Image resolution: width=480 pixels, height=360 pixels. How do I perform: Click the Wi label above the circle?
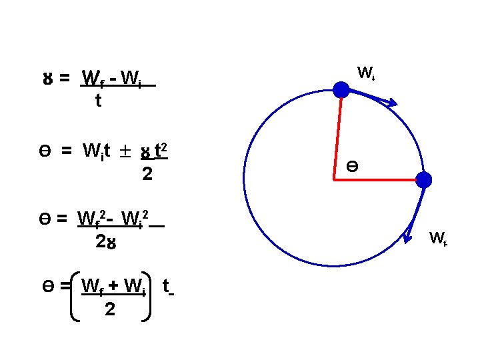click(365, 73)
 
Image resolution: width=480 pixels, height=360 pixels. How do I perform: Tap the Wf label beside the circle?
click(437, 237)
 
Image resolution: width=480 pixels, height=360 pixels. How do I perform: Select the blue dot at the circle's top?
click(341, 90)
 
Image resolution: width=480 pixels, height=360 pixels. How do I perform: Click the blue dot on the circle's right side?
click(424, 179)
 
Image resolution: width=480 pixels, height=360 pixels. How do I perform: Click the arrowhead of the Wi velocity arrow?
click(393, 103)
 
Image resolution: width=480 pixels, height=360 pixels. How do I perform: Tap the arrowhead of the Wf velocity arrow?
click(408, 235)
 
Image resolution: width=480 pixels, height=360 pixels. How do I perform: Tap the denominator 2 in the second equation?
click(147, 175)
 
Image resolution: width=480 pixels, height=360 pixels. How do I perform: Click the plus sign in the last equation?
click(114, 286)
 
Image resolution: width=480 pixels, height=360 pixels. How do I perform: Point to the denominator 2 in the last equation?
click(109, 310)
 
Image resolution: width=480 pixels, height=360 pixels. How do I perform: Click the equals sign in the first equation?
click(65, 79)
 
